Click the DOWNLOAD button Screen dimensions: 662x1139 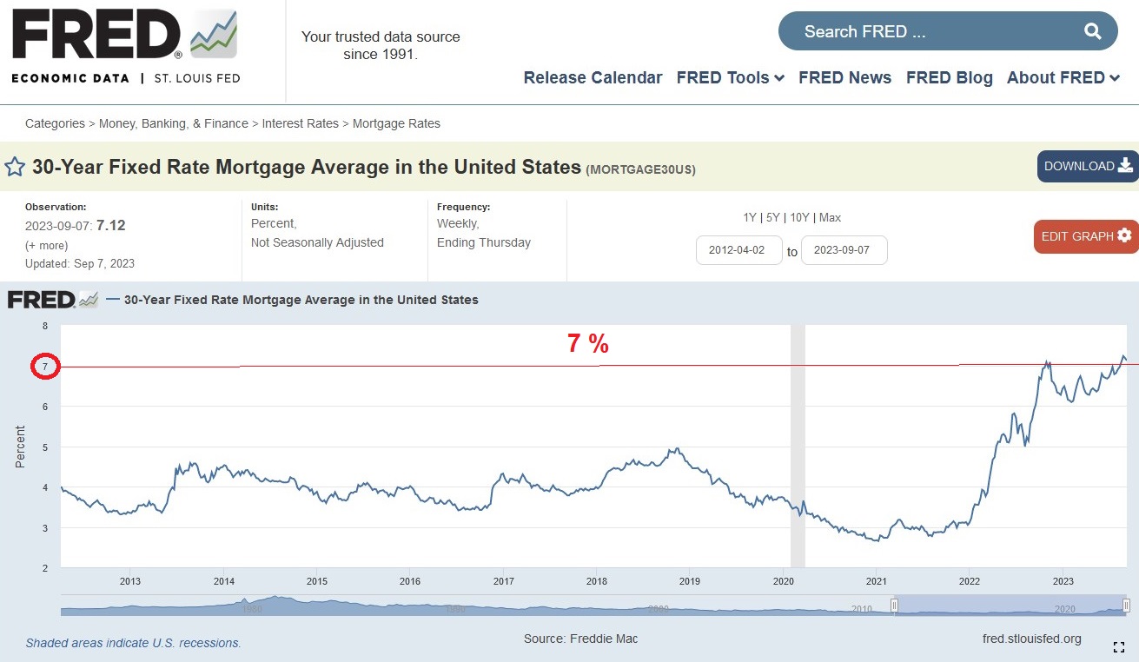point(1088,166)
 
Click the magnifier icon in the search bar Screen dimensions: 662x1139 point(1092,32)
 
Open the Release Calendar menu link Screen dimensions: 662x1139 point(593,77)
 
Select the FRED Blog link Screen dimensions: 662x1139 point(949,77)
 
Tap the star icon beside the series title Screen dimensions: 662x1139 point(15,167)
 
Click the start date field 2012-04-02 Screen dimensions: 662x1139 point(738,250)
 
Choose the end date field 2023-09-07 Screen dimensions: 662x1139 point(844,250)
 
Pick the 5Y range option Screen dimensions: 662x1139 point(773,217)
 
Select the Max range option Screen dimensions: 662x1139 point(830,217)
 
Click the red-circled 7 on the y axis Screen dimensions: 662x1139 point(44,367)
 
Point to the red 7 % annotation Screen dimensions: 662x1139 point(587,344)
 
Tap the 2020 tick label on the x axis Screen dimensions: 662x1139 point(783,581)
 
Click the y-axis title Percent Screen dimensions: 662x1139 point(20,447)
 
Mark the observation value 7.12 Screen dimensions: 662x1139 point(110,225)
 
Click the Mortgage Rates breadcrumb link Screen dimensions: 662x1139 point(396,123)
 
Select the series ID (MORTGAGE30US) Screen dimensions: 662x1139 point(640,169)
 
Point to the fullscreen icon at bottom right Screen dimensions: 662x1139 point(1119,646)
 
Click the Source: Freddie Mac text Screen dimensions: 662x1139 point(580,639)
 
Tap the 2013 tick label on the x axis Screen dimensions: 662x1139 point(130,581)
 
